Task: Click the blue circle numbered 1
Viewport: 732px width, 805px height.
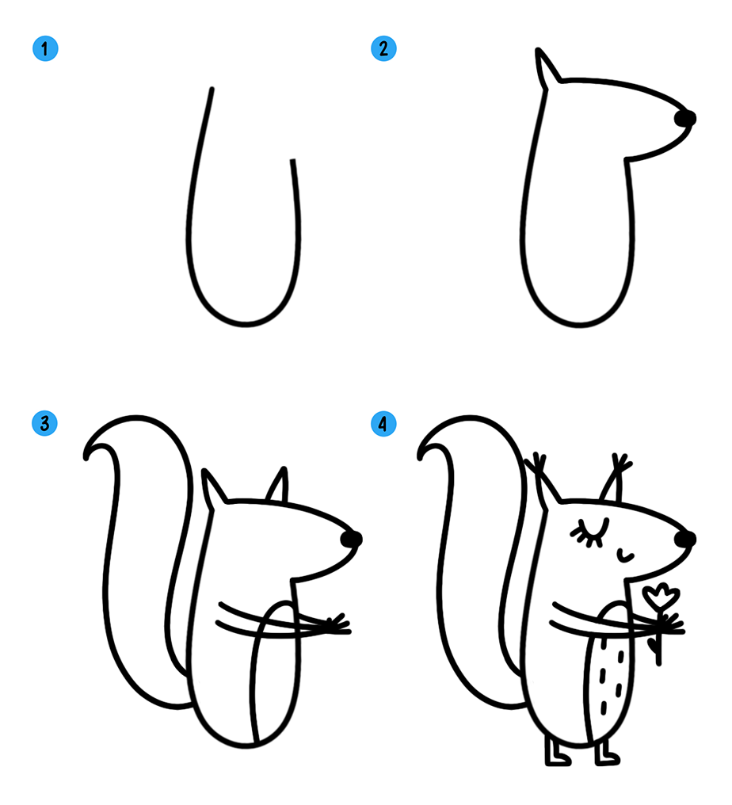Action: point(45,49)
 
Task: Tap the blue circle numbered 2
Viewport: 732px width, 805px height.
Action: point(383,49)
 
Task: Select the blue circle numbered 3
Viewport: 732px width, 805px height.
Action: point(44,424)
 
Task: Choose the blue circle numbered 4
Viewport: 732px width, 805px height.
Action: point(383,424)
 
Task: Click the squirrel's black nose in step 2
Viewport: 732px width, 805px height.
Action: point(685,119)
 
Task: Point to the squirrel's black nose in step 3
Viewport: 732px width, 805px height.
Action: point(352,539)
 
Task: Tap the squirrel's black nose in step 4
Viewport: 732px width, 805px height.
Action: point(685,539)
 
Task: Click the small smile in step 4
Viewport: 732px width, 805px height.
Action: point(625,555)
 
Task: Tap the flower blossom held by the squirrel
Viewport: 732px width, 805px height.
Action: point(662,597)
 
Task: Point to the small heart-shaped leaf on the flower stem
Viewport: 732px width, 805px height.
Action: point(653,645)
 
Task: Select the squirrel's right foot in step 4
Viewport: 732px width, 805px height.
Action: point(607,753)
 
